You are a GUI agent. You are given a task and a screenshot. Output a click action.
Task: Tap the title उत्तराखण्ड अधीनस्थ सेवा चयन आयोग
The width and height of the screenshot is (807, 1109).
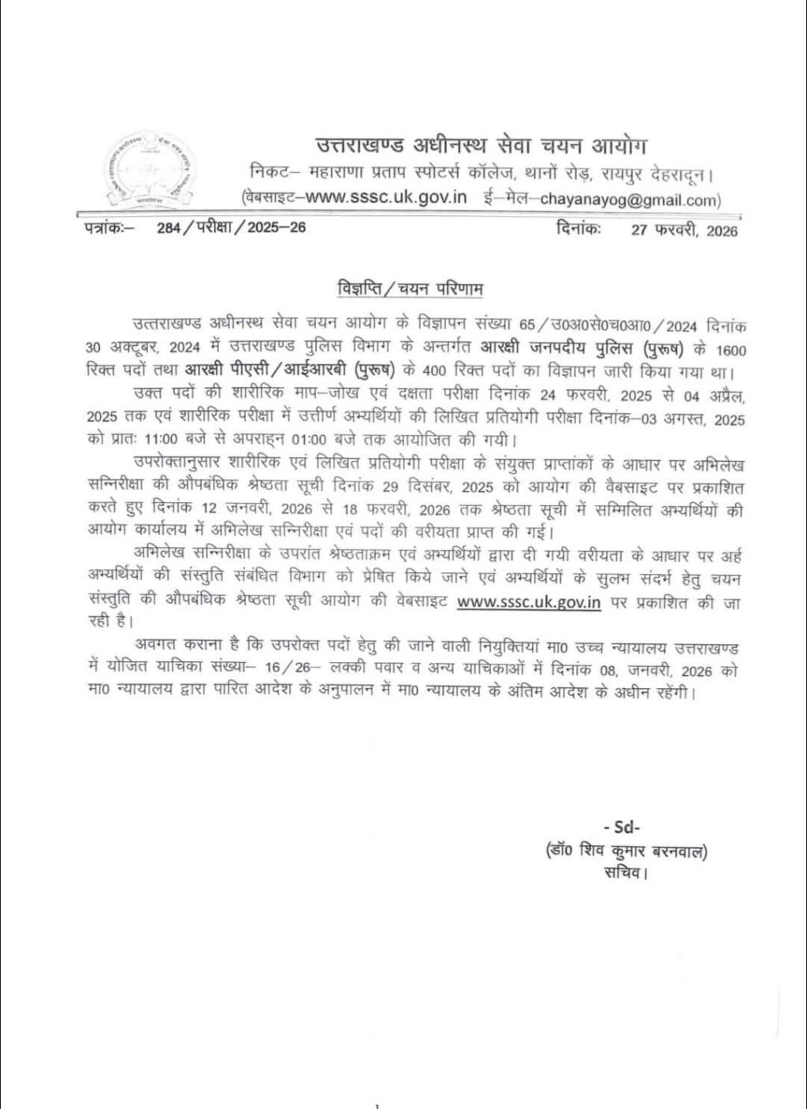tap(480, 146)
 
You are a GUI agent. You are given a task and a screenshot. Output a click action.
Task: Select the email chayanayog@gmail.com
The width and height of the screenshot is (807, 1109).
tap(630, 199)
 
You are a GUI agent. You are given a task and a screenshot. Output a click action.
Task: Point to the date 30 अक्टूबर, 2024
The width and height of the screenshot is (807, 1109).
tap(145, 348)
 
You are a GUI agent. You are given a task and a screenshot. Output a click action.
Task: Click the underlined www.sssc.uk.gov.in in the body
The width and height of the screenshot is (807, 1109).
tap(529, 601)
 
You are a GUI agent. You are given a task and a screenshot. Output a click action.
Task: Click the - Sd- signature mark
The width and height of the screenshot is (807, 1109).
tap(621, 827)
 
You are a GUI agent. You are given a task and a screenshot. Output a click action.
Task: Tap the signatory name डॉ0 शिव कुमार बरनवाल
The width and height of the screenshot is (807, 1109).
tap(626, 850)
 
